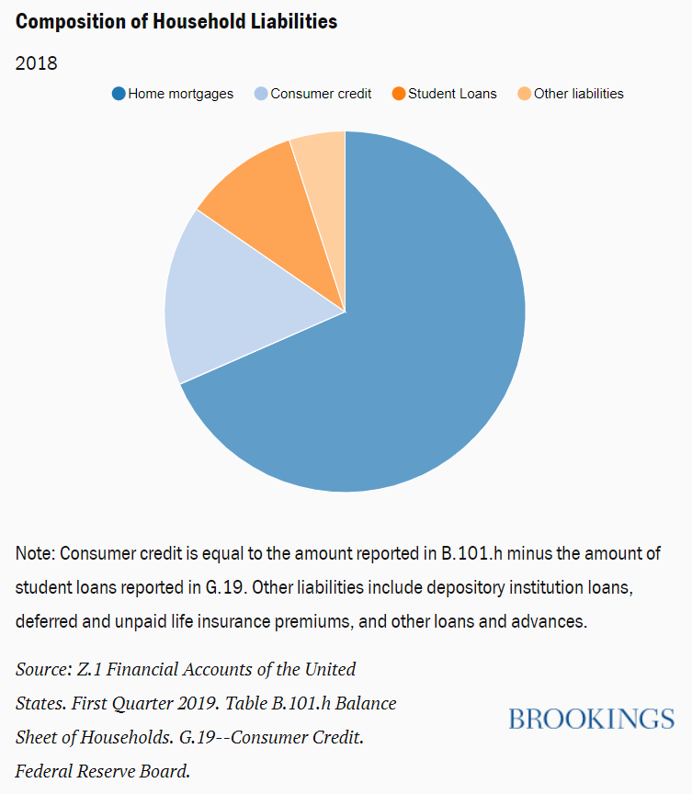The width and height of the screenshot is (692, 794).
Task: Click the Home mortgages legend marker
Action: point(119,94)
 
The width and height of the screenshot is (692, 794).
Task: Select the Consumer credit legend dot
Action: point(261,94)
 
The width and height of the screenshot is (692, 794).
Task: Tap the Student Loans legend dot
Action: point(399,94)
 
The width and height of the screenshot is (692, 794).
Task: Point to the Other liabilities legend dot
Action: point(525,94)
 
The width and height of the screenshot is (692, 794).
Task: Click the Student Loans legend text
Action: point(452,94)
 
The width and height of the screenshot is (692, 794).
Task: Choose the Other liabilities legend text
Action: point(579,94)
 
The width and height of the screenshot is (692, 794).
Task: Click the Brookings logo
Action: point(591,719)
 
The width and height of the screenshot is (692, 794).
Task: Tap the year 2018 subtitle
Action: point(37,63)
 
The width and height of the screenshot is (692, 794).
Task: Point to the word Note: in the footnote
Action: point(36,553)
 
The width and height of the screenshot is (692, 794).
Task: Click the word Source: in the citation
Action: point(44,669)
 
